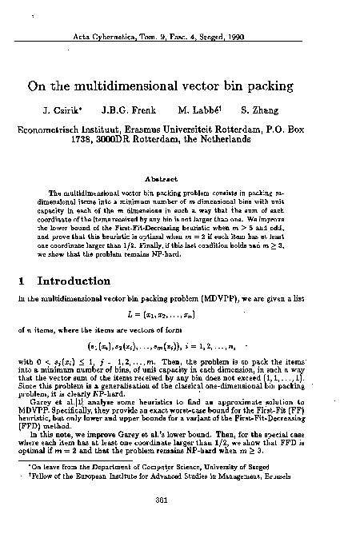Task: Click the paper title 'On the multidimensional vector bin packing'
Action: (x=179, y=85)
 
